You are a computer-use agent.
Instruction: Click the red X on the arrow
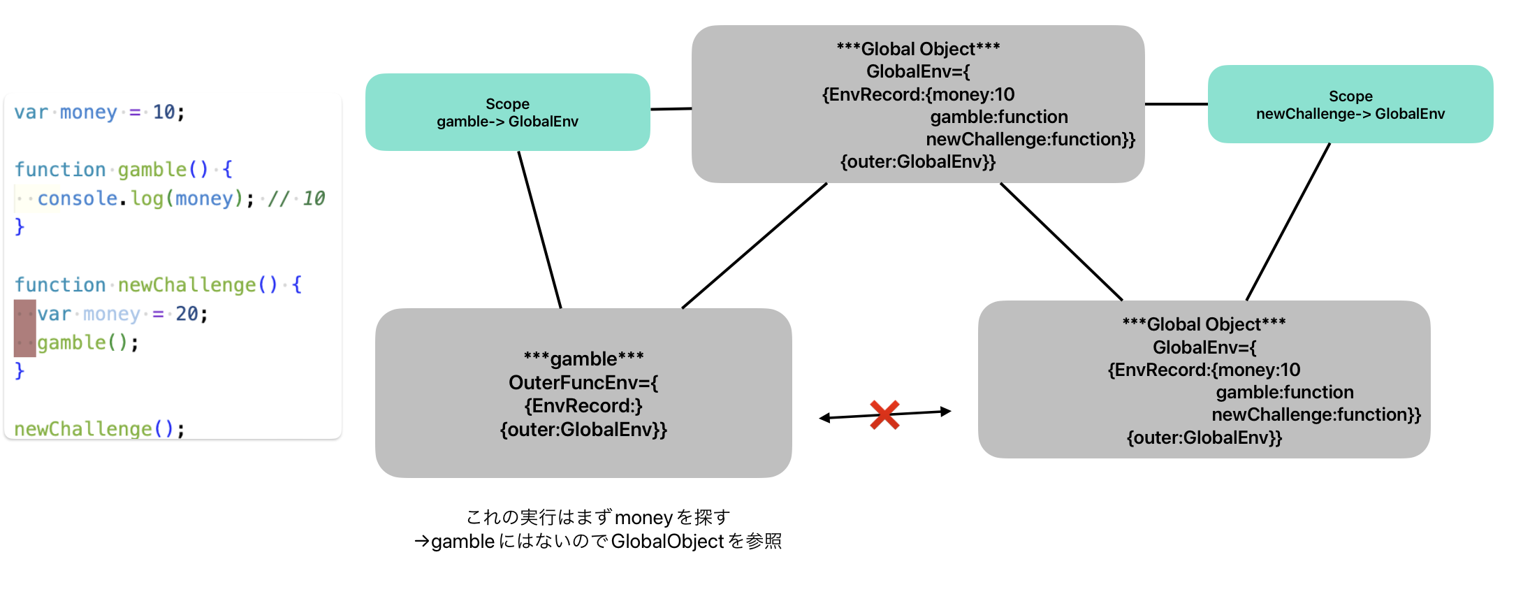coord(884,414)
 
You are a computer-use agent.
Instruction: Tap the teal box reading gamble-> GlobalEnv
coord(507,113)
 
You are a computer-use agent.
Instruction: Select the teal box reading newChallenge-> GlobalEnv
coord(1350,105)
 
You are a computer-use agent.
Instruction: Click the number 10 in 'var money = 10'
coord(164,112)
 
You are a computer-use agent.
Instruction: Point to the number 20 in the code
coord(187,314)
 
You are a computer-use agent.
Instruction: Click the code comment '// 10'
coord(296,198)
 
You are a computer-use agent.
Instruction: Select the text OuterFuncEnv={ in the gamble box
coord(583,382)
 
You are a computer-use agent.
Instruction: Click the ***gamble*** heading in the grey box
coord(583,359)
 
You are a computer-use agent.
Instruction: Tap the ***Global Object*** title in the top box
coord(918,49)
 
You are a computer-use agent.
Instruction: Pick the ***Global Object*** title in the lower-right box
coord(1204,324)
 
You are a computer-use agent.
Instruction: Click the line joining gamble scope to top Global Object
coord(671,109)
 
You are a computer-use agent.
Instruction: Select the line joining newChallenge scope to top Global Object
coord(1176,104)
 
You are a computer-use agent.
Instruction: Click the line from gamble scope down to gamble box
coord(539,229)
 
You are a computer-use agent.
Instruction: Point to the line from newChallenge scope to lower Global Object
coord(1288,222)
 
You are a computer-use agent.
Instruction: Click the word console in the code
coord(77,198)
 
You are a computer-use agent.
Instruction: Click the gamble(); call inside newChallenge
coord(87,342)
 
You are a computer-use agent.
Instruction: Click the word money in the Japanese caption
coord(643,518)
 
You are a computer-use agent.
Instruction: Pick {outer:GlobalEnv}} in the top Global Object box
coord(917,162)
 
